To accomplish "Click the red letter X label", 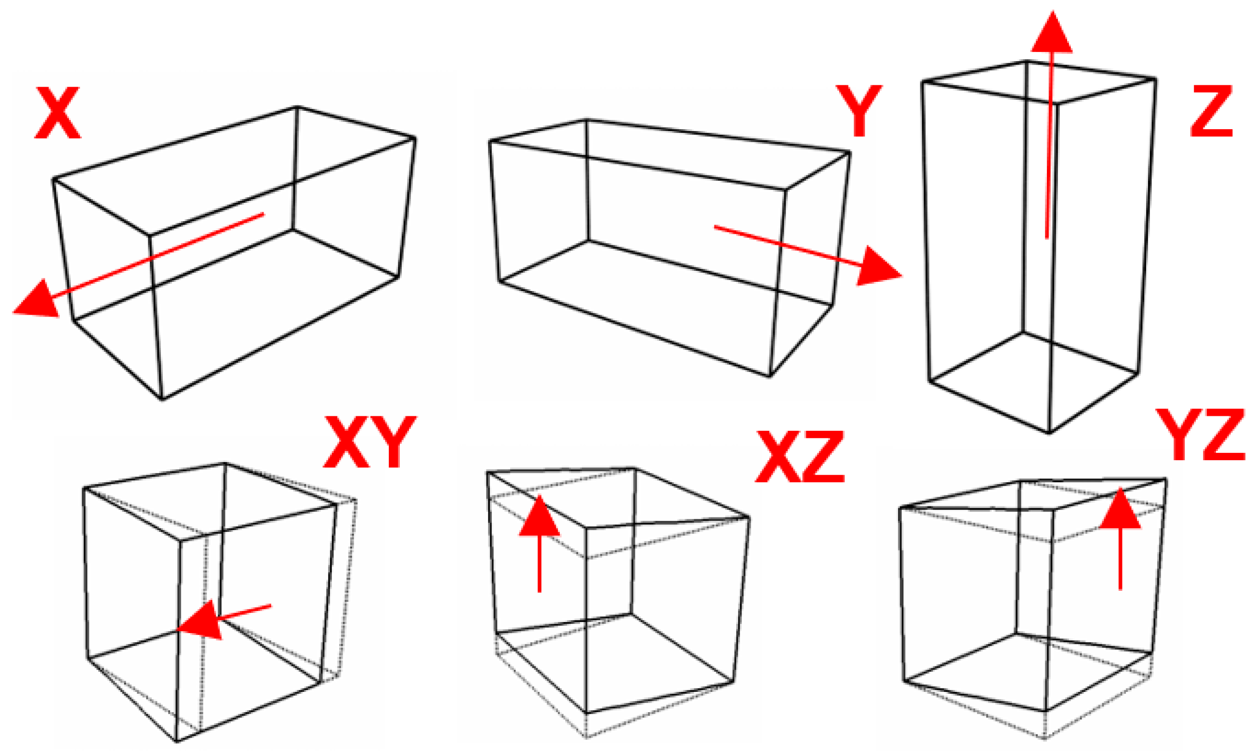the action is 57,113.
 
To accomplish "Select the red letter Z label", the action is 1211,112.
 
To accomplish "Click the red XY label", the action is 370,442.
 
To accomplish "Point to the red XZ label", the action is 800,456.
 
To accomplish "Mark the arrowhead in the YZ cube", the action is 1120,508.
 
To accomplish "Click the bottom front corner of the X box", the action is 162,399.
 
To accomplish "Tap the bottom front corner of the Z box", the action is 1049,433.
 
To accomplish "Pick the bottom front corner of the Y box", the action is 769,377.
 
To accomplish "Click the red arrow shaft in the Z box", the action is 1049,145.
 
